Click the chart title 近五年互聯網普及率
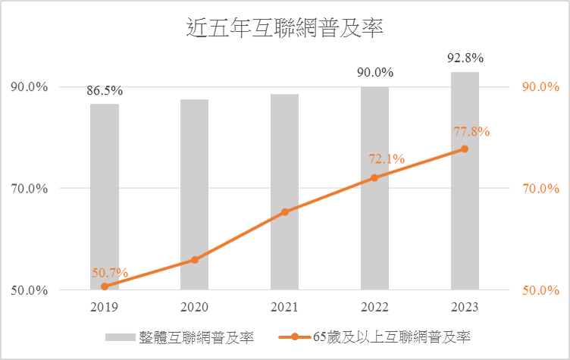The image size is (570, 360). (285, 29)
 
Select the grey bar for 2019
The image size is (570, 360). (105, 196)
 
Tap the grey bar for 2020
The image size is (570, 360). (194, 194)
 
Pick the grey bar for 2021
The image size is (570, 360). (284, 192)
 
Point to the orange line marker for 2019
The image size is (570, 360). (105, 286)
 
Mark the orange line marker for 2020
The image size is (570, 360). (194, 260)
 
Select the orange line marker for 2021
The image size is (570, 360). (284, 212)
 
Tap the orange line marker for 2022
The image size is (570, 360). (374, 177)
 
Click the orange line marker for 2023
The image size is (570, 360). (465, 149)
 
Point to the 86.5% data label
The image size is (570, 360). (105, 91)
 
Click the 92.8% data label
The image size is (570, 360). (465, 58)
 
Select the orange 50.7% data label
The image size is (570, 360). (110, 273)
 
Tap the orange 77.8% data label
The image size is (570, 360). (471, 131)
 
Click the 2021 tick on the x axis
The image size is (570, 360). (284, 307)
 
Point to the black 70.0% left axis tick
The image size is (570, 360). (29, 188)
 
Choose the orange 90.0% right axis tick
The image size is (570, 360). (540, 86)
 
